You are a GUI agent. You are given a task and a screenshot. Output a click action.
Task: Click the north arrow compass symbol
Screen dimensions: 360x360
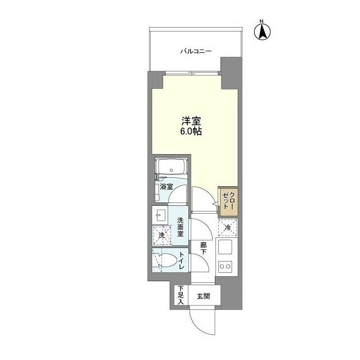(x=262, y=31)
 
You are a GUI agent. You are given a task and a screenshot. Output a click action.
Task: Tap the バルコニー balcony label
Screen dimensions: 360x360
(x=195, y=51)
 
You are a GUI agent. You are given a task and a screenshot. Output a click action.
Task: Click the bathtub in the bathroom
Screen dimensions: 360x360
(x=171, y=168)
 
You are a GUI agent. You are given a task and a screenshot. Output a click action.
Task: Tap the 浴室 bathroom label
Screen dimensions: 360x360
(x=165, y=187)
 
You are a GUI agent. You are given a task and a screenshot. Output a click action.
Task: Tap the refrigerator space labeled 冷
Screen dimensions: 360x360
(x=227, y=228)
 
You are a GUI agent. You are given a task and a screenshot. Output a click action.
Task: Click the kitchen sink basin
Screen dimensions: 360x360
(x=226, y=247)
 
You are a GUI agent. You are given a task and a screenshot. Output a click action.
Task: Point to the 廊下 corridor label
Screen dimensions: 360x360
(x=203, y=248)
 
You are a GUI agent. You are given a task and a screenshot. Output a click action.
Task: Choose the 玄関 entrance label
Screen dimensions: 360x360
(x=203, y=295)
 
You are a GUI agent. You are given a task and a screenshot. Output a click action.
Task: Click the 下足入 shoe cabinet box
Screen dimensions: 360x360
(x=181, y=295)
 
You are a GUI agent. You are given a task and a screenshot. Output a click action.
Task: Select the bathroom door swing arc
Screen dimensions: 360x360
(x=179, y=191)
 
